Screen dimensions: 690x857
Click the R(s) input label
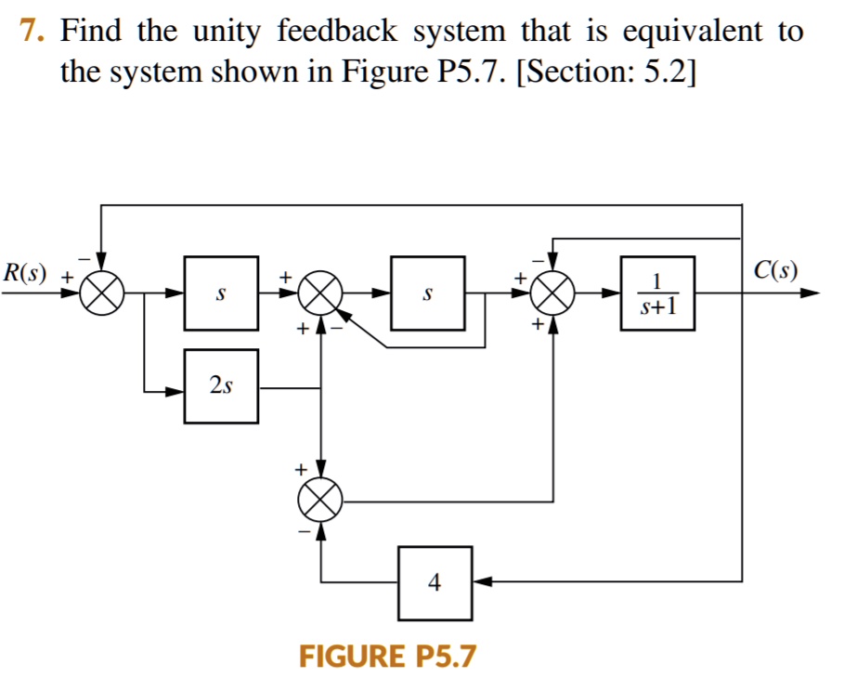pos(28,274)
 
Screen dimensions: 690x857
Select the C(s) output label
pos(775,271)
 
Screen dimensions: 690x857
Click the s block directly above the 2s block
pos(221,293)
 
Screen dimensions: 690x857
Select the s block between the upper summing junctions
pos(427,293)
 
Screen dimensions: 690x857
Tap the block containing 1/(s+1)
pos(656,293)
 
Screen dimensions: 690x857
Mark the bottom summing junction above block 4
pos(320,502)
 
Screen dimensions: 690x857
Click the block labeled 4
pos(435,582)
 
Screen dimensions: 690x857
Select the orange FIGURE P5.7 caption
pos(387,657)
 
